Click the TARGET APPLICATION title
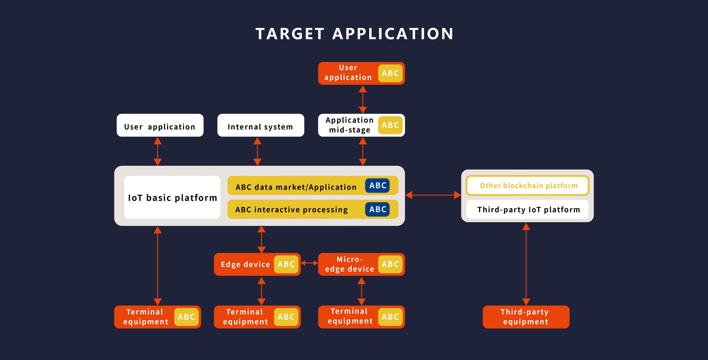pyautogui.click(x=354, y=34)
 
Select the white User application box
pyautogui.click(x=160, y=125)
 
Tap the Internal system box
pyautogui.click(x=261, y=125)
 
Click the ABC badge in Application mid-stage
pyautogui.click(x=390, y=125)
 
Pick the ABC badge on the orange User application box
pyautogui.click(x=390, y=73)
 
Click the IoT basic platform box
pyautogui.click(x=172, y=197)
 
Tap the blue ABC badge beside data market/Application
pyautogui.click(x=378, y=186)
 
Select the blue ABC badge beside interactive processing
pyautogui.click(x=378, y=209)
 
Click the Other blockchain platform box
pyautogui.click(x=527, y=185)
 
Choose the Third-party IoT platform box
pyautogui.click(x=527, y=209)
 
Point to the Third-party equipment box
pyautogui.click(x=526, y=317)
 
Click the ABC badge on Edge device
pyautogui.click(x=286, y=264)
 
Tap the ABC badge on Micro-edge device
pyautogui.click(x=390, y=264)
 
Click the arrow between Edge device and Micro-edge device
pyautogui.click(x=309, y=263)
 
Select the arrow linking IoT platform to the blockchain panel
pyautogui.click(x=433, y=195)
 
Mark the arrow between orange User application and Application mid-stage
pyautogui.click(x=363, y=99)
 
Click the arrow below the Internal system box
pyautogui.click(x=257, y=151)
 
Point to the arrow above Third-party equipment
pyautogui.click(x=526, y=264)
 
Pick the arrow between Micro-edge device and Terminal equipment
pyautogui.click(x=361, y=291)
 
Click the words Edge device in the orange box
pyautogui.click(x=245, y=265)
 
